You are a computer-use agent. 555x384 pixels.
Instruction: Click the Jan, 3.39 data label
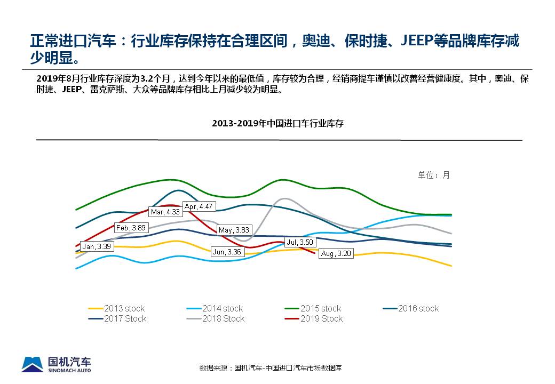97,246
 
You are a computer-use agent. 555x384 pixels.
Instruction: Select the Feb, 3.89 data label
131,228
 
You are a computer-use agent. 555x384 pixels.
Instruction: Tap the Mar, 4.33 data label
165,212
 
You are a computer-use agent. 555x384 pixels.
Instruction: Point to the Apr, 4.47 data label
199,206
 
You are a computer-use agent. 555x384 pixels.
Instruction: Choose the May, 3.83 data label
234,230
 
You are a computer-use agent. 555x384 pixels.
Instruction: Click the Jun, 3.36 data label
226,252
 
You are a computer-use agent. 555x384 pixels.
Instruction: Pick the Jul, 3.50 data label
299,242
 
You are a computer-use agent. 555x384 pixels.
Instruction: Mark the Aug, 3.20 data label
336,254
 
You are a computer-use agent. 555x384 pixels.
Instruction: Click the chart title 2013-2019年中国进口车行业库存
277,123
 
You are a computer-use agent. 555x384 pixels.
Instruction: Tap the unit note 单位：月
434,175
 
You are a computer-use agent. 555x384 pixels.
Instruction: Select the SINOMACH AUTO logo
56,364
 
